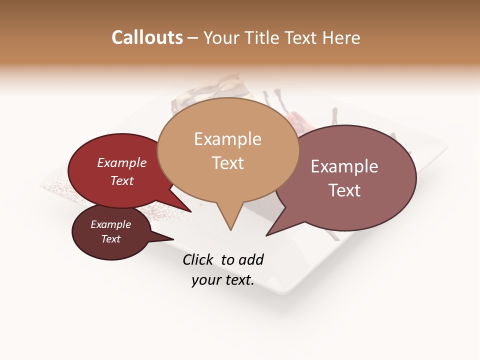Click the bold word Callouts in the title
point(147,37)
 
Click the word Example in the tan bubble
point(227,139)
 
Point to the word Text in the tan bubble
point(227,163)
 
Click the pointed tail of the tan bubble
point(230,228)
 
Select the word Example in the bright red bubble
point(121,162)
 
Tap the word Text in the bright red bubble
point(121,180)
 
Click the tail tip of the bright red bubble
point(190,211)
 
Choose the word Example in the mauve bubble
point(344,166)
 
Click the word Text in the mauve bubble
point(344,190)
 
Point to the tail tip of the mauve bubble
point(267,234)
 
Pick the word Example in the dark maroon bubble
point(110,224)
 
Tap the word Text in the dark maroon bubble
point(110,239)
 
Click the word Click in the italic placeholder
point(198,259)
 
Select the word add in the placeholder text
point(251,259)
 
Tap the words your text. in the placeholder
point(222,280)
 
